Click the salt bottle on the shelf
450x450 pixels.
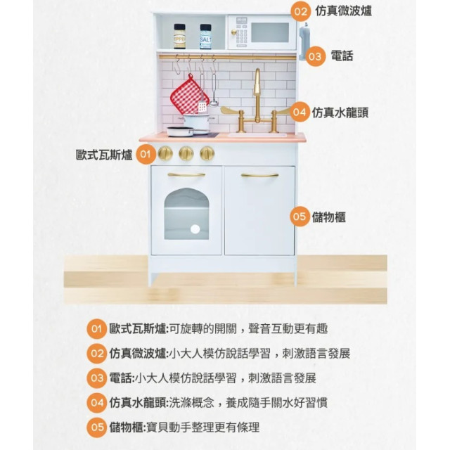205,37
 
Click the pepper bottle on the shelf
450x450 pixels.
180,37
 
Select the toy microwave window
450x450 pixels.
270,32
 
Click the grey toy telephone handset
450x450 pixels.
304,41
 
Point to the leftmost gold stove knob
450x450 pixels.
165,153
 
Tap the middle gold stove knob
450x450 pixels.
186,153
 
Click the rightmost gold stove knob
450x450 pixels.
207,153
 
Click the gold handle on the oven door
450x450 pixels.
186,174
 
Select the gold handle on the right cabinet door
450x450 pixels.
259,175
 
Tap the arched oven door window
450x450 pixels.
186,214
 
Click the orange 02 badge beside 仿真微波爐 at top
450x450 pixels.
301,12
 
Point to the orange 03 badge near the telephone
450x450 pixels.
315,56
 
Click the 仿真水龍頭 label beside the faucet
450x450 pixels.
340,112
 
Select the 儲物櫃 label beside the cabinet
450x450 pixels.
329,217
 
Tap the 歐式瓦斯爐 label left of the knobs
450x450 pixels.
104,155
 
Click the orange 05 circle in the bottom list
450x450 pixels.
97,427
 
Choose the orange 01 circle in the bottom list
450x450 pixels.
97,329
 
